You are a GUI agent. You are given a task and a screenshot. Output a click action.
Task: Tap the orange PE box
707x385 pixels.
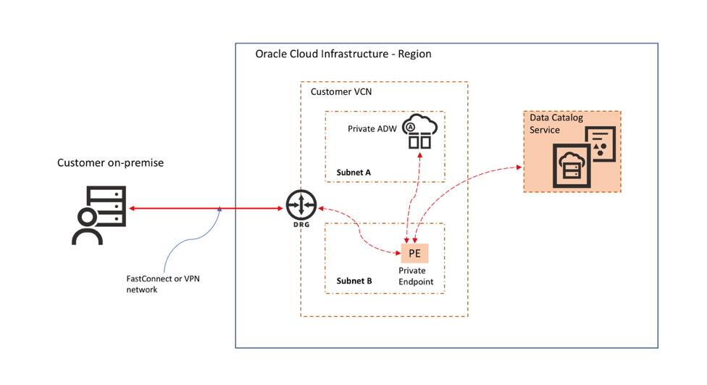[414, 253]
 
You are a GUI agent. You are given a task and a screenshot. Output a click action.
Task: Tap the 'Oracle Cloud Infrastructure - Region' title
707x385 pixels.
[343, 55]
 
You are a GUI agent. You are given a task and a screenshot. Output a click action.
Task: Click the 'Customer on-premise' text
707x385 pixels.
[110, 163]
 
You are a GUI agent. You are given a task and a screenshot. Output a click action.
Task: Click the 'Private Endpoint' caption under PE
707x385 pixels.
[414, 276]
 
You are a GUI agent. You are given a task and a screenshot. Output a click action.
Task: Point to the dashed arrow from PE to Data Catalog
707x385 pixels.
[464, 185]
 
